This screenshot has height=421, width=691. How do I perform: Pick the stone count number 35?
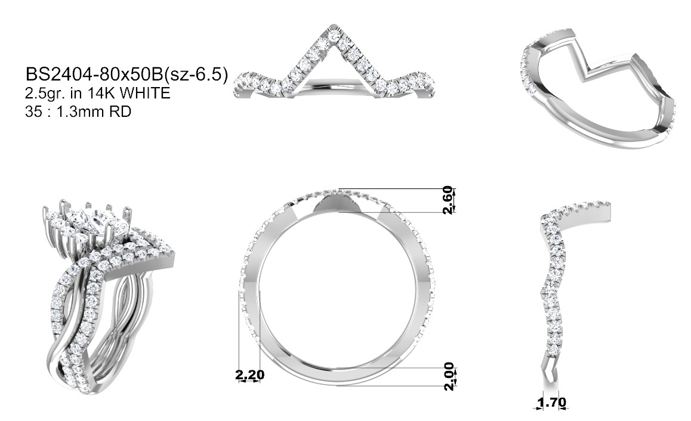[x=33, y=112]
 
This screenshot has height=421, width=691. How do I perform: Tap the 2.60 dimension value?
[x=448, y=200]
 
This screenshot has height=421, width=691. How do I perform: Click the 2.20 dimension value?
[x=250, y=374]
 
